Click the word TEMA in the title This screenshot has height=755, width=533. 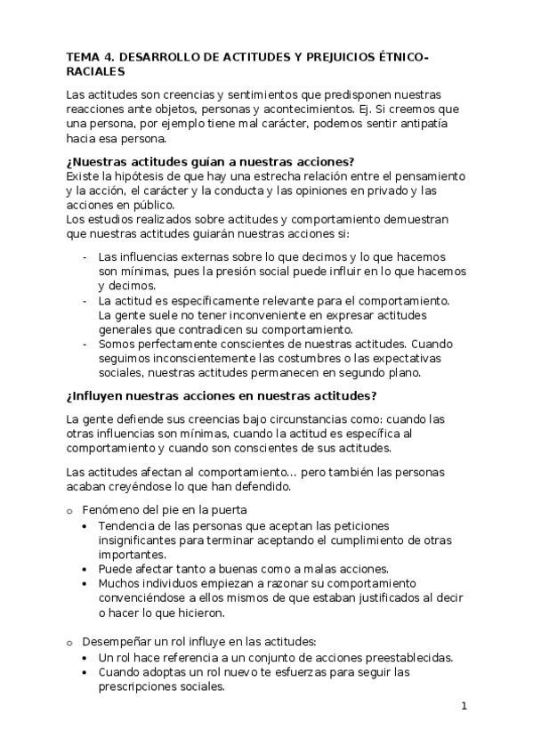coord(83,58)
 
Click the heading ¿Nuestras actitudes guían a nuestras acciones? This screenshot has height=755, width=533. coord(211,162)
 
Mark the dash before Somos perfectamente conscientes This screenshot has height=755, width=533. coord(84,345)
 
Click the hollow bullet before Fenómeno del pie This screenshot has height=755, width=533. coord(69,510)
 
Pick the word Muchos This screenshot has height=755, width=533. coord(119,584)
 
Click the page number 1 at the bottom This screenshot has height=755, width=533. coord(464,708)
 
